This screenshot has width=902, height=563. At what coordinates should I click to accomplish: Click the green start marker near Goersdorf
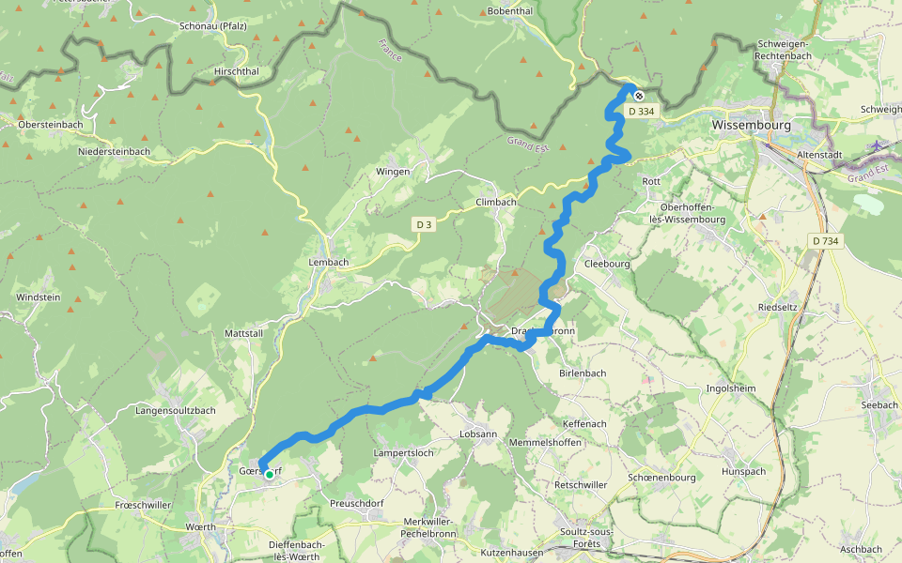(270, 475)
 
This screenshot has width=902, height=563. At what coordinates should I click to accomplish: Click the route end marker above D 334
(638, 96)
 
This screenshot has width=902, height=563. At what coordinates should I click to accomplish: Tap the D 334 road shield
(640, 112)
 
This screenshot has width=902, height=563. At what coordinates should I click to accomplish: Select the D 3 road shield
(425, 224)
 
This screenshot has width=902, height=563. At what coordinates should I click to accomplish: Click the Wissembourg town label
(751, 124)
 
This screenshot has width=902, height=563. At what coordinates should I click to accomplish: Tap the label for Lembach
(329, 263)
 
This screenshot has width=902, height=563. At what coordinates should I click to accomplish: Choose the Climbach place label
(496, 202)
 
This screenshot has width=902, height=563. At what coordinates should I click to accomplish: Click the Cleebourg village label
(606, 265)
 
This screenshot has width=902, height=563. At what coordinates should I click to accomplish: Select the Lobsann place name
(477, 434)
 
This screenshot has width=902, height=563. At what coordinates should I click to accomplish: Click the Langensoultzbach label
(176, 410)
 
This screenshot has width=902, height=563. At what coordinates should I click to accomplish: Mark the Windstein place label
(38, 297)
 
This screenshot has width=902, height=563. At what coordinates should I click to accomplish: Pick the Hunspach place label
(743, 471)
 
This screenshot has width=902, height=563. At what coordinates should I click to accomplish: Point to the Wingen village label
(393, 172)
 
